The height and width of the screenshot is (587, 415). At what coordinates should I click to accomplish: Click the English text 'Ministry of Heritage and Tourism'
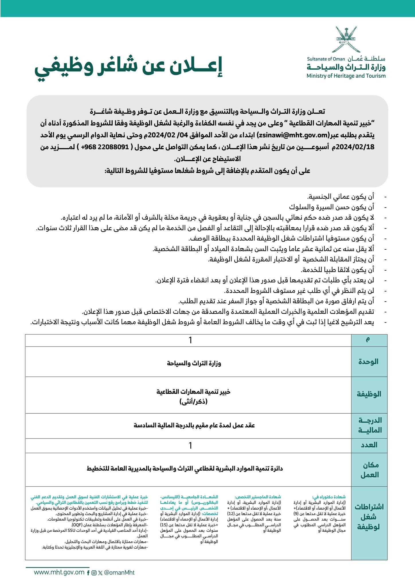[x=346, y=76]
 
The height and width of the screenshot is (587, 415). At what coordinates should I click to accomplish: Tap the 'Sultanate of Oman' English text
[x=326, y=59]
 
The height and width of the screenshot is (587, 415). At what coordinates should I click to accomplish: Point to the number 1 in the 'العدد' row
[x=190, y=445]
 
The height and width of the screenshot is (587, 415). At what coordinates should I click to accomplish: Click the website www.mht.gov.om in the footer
[x=59, y=572]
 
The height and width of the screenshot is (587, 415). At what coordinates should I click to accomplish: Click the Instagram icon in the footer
[x=93, y=573]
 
